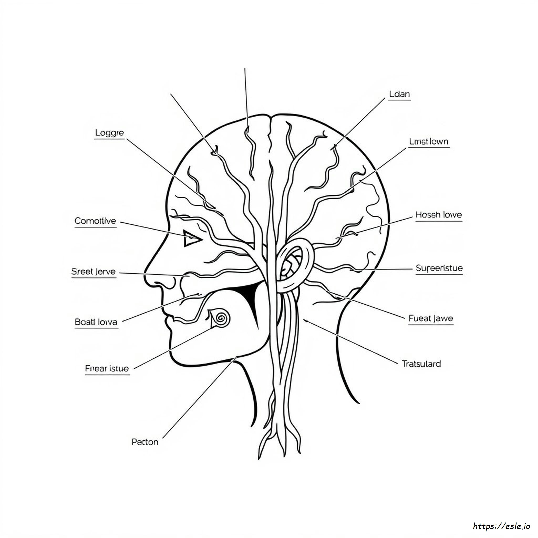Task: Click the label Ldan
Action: (399, 94)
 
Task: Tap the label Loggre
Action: (110, 133)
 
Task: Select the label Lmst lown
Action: (429, 142)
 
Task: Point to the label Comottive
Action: (95, 221)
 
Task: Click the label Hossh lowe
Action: (439, 215)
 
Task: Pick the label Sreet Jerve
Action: (93, 272)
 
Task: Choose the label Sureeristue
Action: (439, 268)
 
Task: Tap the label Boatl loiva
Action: (96, 322)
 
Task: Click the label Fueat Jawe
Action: (431, 318)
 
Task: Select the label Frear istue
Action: (107, 369)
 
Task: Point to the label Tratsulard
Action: (421, 364)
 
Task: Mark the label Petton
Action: (145, 442)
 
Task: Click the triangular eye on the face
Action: (191, 238)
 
